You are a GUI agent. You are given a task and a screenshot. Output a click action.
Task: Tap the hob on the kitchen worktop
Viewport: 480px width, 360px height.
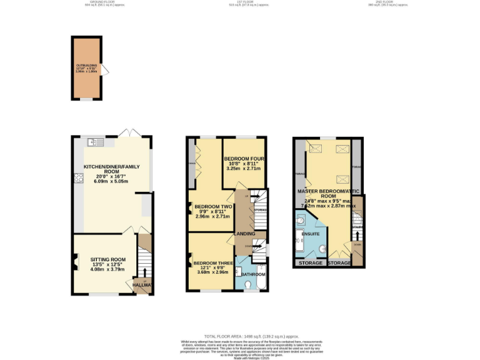(x=78, y=179)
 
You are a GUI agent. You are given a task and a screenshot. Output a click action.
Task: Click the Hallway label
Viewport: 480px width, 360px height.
(x=143, y=286)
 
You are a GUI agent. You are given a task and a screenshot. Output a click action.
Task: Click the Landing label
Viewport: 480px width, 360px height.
(x=244, y=234)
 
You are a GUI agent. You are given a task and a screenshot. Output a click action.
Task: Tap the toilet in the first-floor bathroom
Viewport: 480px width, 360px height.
(x=249, y=285)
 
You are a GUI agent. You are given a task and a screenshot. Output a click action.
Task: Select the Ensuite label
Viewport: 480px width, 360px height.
(x=311, y=234)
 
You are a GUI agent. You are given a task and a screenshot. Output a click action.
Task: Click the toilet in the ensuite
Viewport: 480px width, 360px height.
(x=301, y=220)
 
